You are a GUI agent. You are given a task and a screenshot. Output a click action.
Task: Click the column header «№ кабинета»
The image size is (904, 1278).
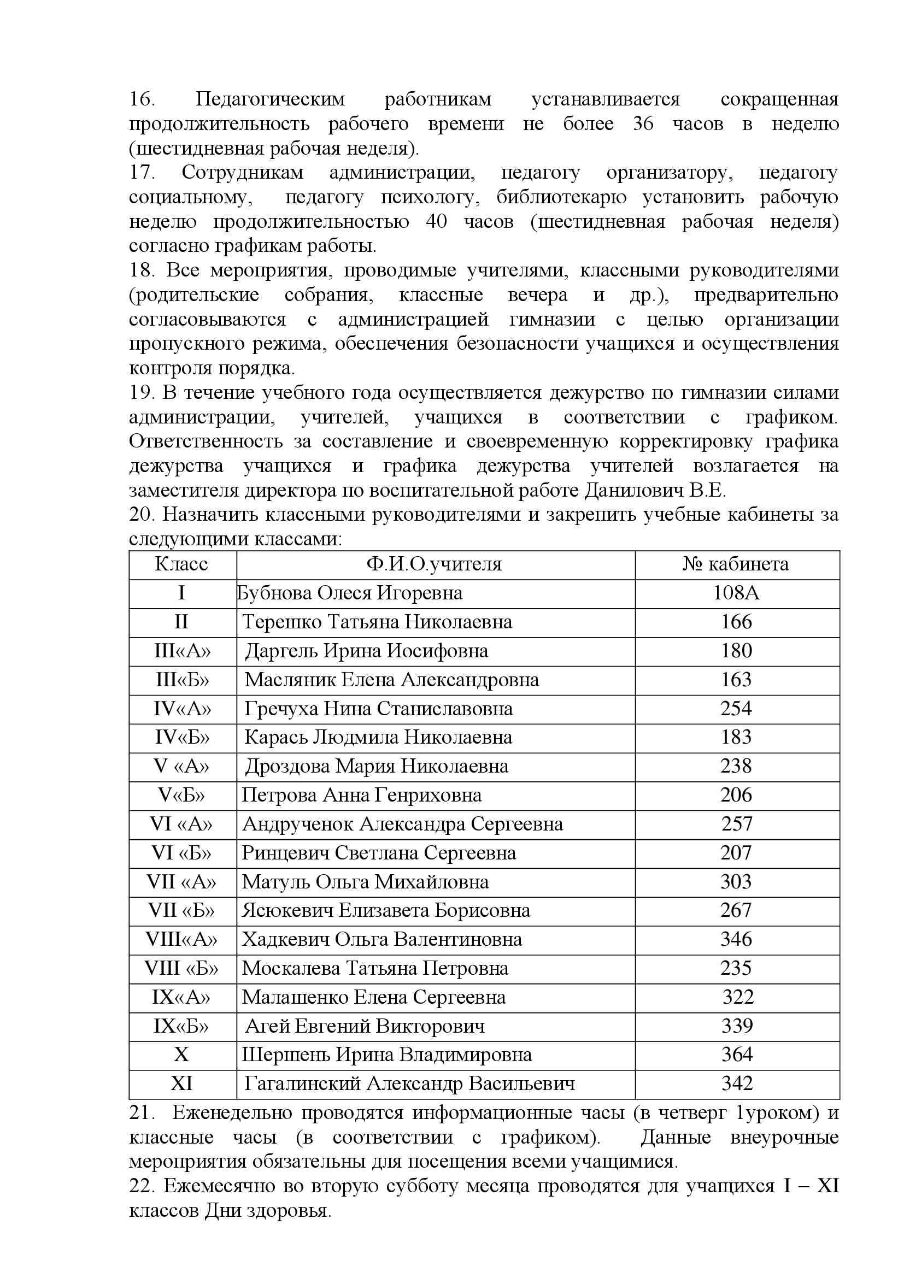pyautogui.click(x=736, y=564)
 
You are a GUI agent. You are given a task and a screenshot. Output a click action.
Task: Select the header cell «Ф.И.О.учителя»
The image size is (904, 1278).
pyautogui.click(x=434, y=564)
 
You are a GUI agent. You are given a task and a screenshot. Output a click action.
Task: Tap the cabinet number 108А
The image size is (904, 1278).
pyautogui.click(x=736, y=593)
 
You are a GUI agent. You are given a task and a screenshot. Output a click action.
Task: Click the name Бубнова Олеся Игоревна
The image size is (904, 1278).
pyautogui.click(x=350, y=593)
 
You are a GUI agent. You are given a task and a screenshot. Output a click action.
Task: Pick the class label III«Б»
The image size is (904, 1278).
pyautogui.click(x=182, y=680)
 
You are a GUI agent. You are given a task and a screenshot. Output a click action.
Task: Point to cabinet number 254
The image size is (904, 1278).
pyautogui.click(x=736, y=709)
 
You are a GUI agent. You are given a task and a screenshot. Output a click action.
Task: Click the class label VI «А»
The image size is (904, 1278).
pyautogui.click(x=181, y=824)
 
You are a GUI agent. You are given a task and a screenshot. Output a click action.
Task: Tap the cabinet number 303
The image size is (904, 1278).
pyautogui.click(x=736, y=882)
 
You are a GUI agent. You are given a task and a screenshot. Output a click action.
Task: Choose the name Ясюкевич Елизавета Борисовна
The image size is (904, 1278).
pyautogui.click(x=386, y=911)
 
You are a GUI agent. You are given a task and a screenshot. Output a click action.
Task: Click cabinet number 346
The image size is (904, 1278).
pyautogui.click(x=736, y=940)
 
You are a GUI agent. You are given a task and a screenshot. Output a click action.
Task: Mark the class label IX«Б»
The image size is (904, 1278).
pyautogui.click(x=181, y=1027)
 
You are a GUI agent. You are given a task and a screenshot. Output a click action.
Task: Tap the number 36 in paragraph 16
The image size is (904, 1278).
pyautogui.click(x=643, y=124)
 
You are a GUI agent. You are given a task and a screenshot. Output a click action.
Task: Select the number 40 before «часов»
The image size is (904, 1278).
pyautogui.click(x=436, y=222)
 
